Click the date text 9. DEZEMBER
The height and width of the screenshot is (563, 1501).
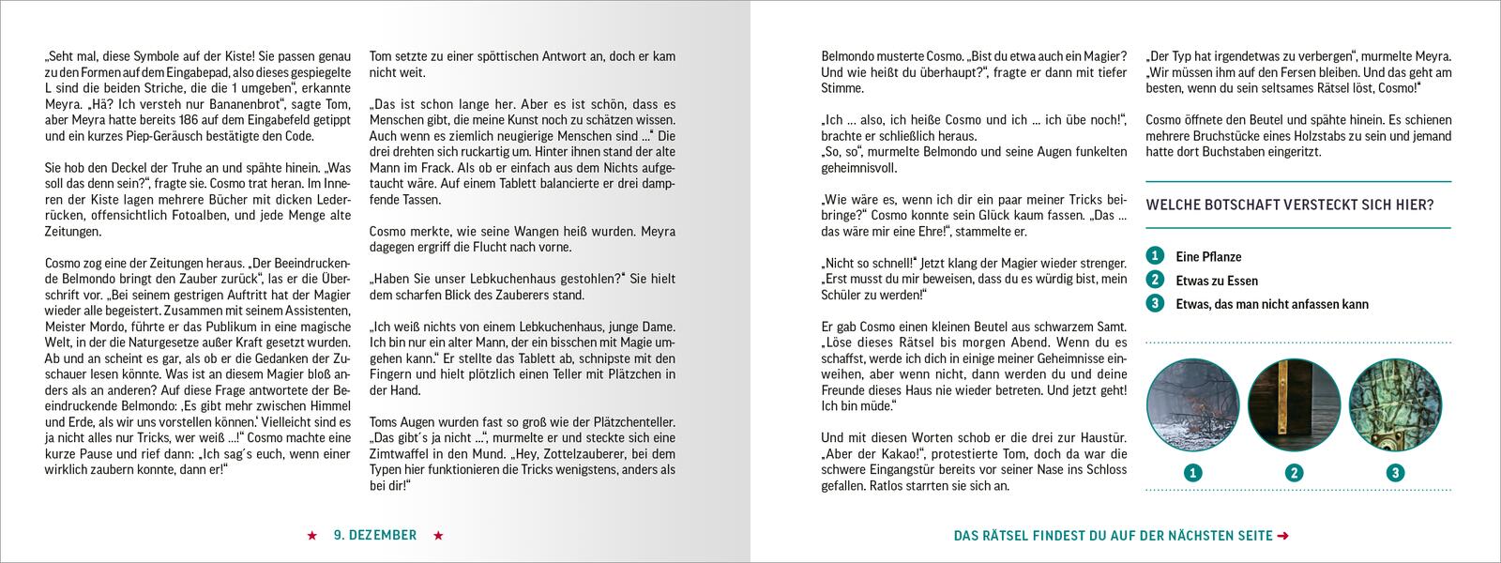[375, 536]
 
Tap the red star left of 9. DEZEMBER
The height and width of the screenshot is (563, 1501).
[311, 536]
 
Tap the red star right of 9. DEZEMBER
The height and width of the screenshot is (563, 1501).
[438, 536]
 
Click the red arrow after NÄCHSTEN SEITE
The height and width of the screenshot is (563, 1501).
[1283, 537]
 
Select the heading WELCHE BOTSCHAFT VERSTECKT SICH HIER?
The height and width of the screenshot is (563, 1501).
[1290, 205]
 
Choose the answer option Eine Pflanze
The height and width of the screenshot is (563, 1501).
[1208, 257]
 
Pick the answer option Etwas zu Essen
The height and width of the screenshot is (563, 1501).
[1217, 281]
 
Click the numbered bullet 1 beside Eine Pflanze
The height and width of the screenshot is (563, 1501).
[1155, 256]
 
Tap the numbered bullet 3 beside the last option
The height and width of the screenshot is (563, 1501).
[1155, 303]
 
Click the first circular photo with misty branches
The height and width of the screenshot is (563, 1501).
[1192, 405]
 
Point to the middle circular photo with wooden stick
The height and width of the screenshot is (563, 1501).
[1294, 405]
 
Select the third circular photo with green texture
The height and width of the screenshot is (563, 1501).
[1395, 405]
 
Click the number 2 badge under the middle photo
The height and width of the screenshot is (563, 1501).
[1294, 473]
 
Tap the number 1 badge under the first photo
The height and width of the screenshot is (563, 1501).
[1192, 473]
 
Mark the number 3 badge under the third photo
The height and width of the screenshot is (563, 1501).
[1395, 473]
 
